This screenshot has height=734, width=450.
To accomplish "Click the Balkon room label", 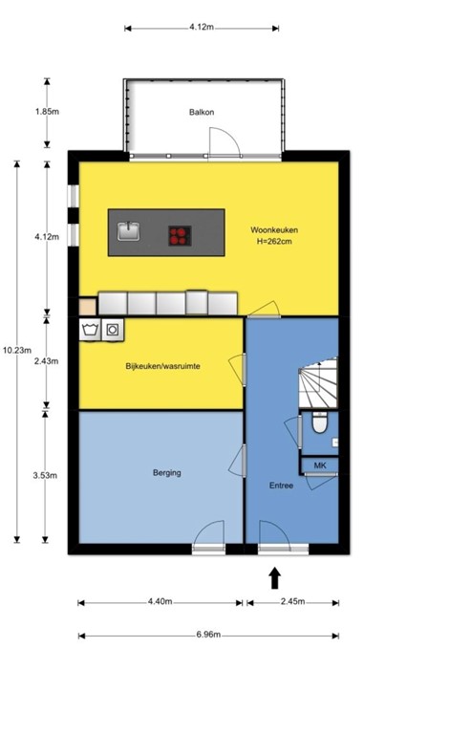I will click(202, 112).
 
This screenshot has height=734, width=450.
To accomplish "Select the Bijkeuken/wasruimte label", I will click(162, 366).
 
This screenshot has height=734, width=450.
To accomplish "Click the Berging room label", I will click(166, 472).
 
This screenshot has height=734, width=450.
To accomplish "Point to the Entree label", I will click(281, 485).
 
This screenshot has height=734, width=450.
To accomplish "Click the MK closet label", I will click(318, 464).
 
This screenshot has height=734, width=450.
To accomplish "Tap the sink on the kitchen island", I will click(129, 231).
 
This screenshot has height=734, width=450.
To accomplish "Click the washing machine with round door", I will click(114, 330).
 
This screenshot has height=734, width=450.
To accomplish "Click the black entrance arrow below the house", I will click(275, 577).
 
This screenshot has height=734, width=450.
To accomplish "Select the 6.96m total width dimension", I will click(207, 635).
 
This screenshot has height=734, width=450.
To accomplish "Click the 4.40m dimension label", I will click(160, 601).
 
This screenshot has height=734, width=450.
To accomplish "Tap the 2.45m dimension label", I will click(291, 601).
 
